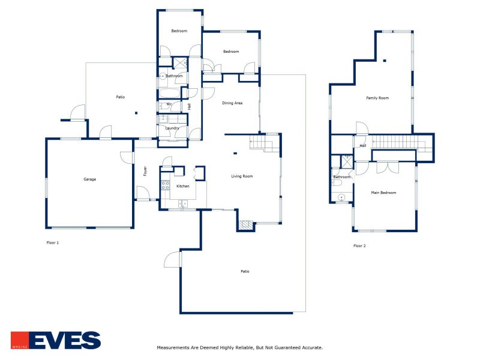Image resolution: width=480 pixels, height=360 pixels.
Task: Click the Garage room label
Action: [x=90, y=179]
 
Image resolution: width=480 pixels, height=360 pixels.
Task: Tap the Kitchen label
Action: [x=183, y=186]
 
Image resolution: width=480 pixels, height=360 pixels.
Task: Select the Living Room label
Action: [x=242, y=176]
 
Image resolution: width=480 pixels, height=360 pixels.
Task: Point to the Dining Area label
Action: [x=232, y=103]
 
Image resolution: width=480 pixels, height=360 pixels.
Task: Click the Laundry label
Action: [x=172, y=128]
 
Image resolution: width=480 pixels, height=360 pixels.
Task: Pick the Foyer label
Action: [x=145, y=171]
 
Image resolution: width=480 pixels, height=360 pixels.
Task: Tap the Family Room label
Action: [x=378, y=98]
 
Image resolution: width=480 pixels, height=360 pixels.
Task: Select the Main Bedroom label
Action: [x=383, y=193]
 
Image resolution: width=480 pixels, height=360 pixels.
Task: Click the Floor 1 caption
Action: [x=53, y=242]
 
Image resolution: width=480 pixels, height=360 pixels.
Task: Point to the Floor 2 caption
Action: [x=359, y=246]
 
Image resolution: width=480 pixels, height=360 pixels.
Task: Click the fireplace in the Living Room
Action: [x=245, y=225]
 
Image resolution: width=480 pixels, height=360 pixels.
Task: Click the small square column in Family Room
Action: [x=384, y=60]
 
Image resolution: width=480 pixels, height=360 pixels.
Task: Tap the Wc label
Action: [x=169, y=104]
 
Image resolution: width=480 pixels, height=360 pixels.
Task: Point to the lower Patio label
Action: [x=245, y=272]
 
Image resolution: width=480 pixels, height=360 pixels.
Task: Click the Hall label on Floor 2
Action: [x=363, y=146]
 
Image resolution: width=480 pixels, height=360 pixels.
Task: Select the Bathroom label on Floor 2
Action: [x=342, y=177]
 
